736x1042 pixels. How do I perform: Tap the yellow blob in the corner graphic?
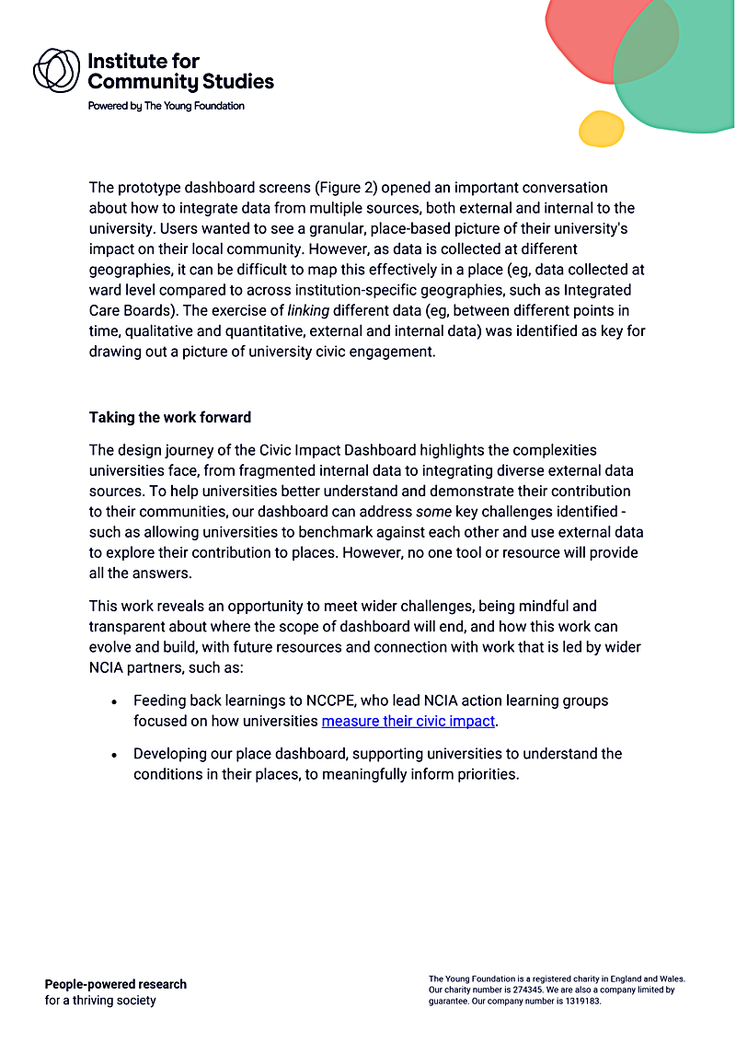point(601,129)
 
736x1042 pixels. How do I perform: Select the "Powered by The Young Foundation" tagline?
point(166,106)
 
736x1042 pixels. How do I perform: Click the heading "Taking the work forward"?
point(169,417)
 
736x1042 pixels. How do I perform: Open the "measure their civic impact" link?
point(408,721)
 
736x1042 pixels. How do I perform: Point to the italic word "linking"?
point(308,310)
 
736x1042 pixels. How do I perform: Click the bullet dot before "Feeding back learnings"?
point(113,701)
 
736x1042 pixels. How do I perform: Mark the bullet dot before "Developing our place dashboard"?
point(113,754)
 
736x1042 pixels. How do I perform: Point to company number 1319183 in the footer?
point(575,1001)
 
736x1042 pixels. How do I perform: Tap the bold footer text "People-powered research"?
point(115,984)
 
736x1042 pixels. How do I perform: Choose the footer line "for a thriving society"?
point(100,1001)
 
